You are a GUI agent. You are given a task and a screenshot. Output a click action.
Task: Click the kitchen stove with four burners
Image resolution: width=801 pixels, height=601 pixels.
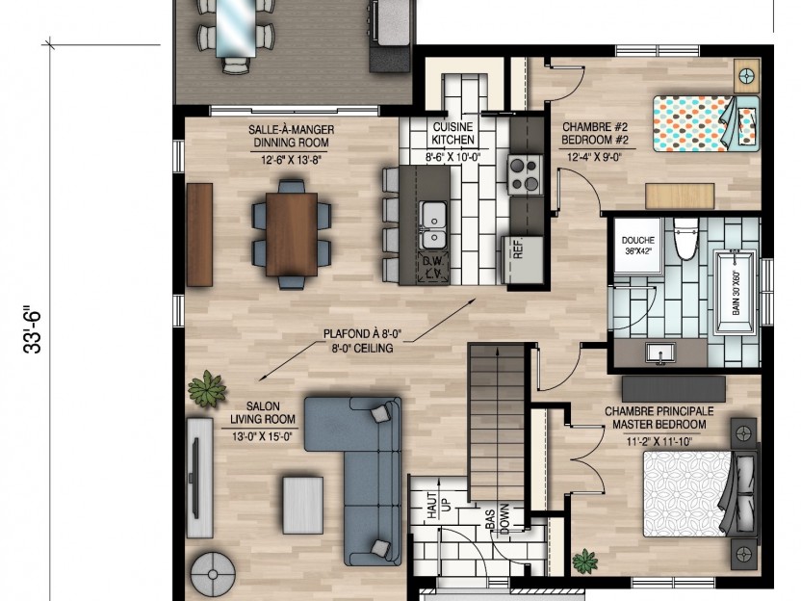[525, 174]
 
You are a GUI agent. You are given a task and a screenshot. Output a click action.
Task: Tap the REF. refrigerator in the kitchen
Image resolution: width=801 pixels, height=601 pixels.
[523, 260]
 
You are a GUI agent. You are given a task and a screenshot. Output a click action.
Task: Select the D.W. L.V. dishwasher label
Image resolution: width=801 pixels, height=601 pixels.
[434, 268]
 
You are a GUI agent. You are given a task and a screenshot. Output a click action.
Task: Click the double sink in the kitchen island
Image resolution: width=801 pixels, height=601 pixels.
[433, 224]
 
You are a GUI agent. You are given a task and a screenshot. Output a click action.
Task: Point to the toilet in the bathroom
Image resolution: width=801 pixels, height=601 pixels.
[685, 239]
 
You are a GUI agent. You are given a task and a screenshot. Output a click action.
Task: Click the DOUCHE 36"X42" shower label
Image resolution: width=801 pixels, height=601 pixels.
[638, 246]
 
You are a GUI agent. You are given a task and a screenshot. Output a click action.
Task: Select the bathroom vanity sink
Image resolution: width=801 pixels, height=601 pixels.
[660, 353]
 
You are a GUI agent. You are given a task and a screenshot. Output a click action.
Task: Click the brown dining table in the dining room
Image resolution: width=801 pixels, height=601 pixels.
[292, 234]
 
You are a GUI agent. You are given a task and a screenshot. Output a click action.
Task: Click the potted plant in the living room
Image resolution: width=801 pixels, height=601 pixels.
[207, 388]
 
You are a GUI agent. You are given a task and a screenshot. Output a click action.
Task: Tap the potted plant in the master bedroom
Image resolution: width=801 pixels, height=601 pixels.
[585, 561]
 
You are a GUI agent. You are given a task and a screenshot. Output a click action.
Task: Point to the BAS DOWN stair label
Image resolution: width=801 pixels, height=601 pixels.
[498, 519]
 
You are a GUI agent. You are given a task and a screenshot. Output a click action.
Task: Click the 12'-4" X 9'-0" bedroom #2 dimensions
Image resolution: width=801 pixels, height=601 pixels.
[594, 157]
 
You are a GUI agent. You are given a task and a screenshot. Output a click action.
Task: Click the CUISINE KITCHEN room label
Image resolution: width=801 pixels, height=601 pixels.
[452, 133]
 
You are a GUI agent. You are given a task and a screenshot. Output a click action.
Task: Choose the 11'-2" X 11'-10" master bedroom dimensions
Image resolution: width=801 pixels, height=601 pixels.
[659, 441]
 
